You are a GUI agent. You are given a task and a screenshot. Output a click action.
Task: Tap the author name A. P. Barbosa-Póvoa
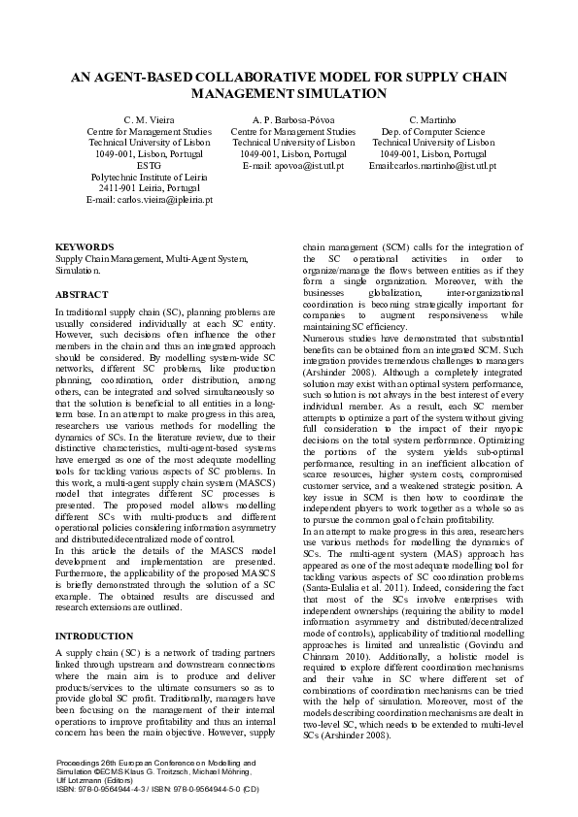[292, 119]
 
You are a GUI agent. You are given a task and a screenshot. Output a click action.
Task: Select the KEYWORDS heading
[85, 247]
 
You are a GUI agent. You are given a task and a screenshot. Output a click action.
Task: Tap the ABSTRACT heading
[83, 292]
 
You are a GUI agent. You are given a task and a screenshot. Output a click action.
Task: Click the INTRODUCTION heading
[95, 636]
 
